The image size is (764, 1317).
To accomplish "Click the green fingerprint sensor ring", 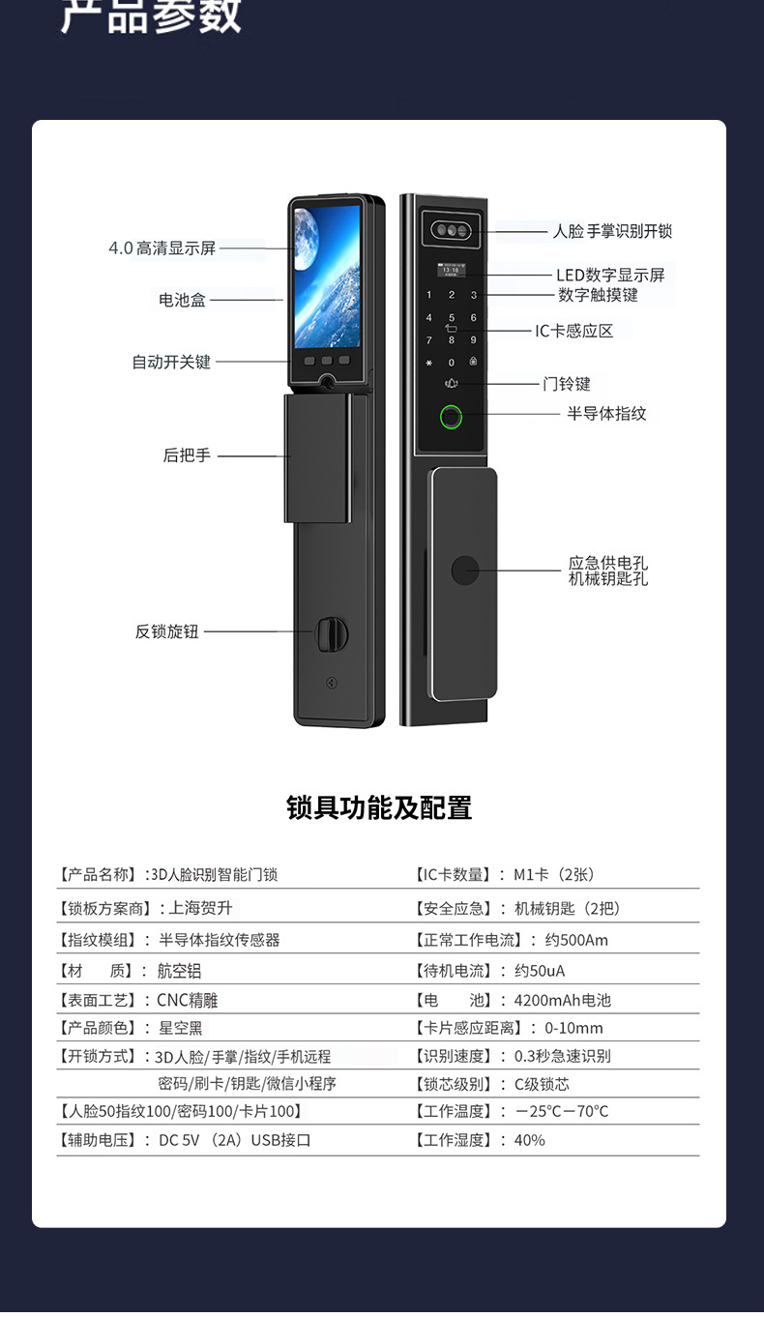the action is [452, 418].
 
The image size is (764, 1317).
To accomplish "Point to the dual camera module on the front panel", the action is [451, 231].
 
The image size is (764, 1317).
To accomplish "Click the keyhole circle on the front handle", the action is [465, 571].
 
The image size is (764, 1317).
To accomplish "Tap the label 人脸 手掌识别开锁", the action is [612, 231].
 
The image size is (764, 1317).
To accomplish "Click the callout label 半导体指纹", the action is [606, 414].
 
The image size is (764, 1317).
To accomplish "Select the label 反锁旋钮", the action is [167, 631].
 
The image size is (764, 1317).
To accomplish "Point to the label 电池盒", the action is [183, 300].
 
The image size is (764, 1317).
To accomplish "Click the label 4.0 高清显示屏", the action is [162, 249].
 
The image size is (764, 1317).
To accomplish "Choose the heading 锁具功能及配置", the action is [380, 807].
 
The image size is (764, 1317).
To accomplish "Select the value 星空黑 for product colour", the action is [181, 1028].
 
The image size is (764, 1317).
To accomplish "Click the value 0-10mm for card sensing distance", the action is [573, 1028].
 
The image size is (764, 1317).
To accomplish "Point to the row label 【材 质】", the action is [96, 971].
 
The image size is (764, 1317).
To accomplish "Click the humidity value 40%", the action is [530, 1140].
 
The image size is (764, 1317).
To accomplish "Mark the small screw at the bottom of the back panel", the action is [333, 682].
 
